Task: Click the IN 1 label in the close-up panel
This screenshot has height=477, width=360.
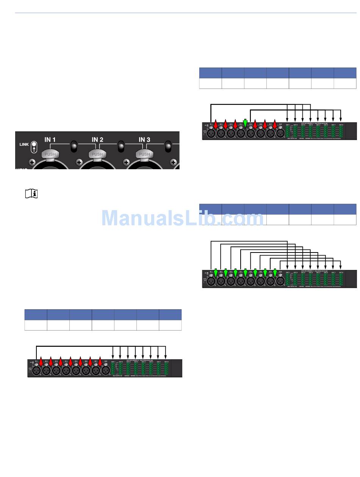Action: tap(50, 140)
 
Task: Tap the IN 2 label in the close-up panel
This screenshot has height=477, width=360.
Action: tap(97, 140)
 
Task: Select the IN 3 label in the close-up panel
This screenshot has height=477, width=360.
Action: tap(144, 140)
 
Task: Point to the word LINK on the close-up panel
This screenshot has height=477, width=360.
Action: tap(24, 144)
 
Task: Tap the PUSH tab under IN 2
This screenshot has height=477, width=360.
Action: tap(97, 154)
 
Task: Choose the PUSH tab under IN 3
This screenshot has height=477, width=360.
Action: tap(144, 154)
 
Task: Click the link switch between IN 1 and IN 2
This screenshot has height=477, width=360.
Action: tap(74, 146)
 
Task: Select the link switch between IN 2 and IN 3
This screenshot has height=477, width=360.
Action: tap(121, 146)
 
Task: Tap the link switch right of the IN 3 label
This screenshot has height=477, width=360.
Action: tap(168, 146)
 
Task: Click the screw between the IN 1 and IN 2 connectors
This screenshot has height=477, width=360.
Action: tap(79, 162)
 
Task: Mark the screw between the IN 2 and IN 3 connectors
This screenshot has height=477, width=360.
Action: tap(126, 162)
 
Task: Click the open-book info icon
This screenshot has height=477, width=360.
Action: tap(31, 194)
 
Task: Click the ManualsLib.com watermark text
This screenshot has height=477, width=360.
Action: tap(182, 218)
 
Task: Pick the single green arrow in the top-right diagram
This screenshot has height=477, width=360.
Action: tap(245, 123)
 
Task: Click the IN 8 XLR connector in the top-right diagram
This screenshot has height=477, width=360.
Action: tap(280, 134)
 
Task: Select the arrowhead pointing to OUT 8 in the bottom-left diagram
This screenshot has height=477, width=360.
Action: tap(166, 356)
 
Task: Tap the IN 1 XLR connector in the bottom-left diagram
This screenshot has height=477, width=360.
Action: tap(36, 371)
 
